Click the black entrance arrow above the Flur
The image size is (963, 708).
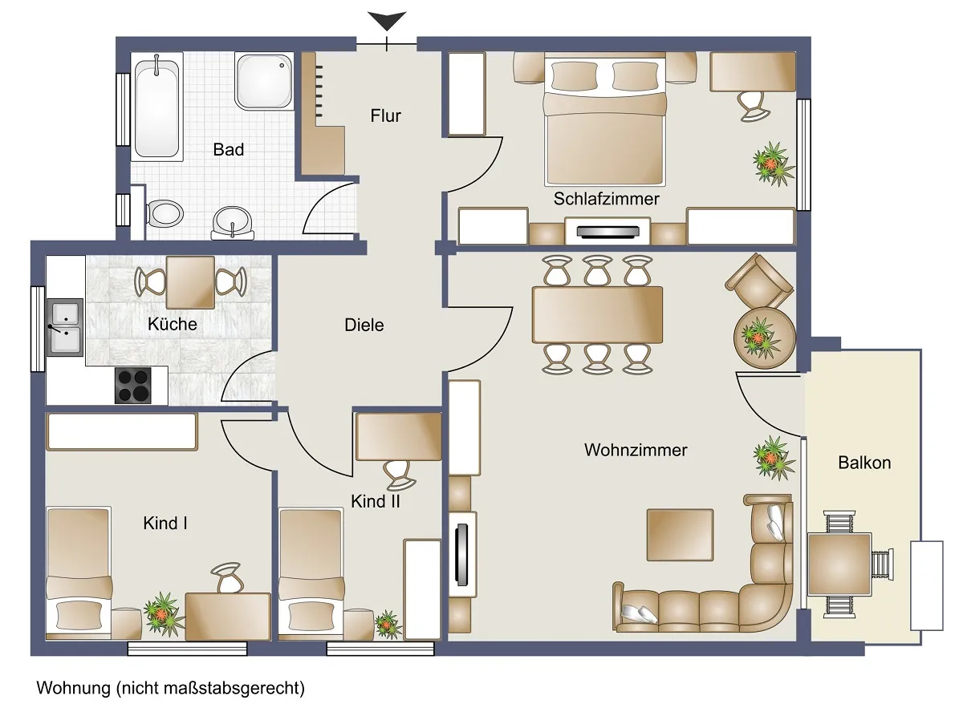pyautogui.click(x=387, y=21)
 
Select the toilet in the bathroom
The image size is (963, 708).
pyautogui.click(x=165, y=213)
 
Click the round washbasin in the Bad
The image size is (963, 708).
pyautogui.click(x=233, y=223)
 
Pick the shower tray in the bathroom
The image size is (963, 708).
pyautogui.click(x=264, y=81)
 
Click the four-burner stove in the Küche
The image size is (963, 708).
pyautogui.click(x=133, y=386)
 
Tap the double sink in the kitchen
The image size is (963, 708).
pyautogui.click(x=65, y=328)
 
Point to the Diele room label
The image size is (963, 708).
pyautogui.click(x=364, y=326)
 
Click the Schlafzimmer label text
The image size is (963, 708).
pyautogui.click(x=606, y=199)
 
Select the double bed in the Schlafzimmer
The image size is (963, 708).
pyautogui.click(x=605, y=121)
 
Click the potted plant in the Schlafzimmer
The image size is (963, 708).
pyautogui.click(x=774, y=164)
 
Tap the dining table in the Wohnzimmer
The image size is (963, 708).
pyautogui.click(x=597, y=315)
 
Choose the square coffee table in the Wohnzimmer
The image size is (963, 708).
pyautogui.click(x=681, y=535)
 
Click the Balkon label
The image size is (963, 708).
pyautogui.click(x=864, y=463)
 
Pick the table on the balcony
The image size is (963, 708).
pyautogui.click(x=839, y=564)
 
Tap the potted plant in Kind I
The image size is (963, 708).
pyautogui.click(x=164, y=614)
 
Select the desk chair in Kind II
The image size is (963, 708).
pyautogui.click(x=398, y=475)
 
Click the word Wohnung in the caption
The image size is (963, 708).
pyautogui.click(x=74, y=688)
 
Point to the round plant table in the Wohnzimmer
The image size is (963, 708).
pyautogui.click(x=764, y=338)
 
